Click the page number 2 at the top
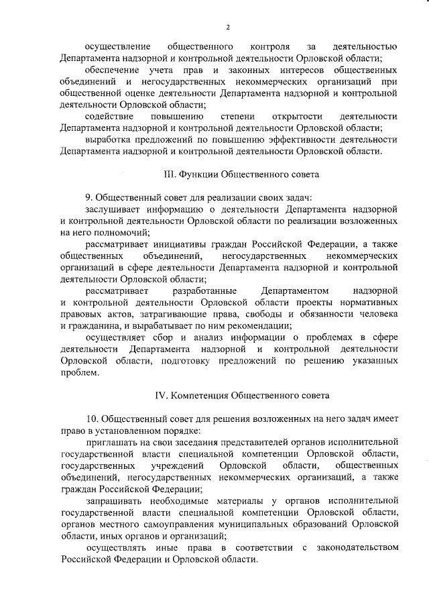point(227,27)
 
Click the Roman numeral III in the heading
point(170,174)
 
